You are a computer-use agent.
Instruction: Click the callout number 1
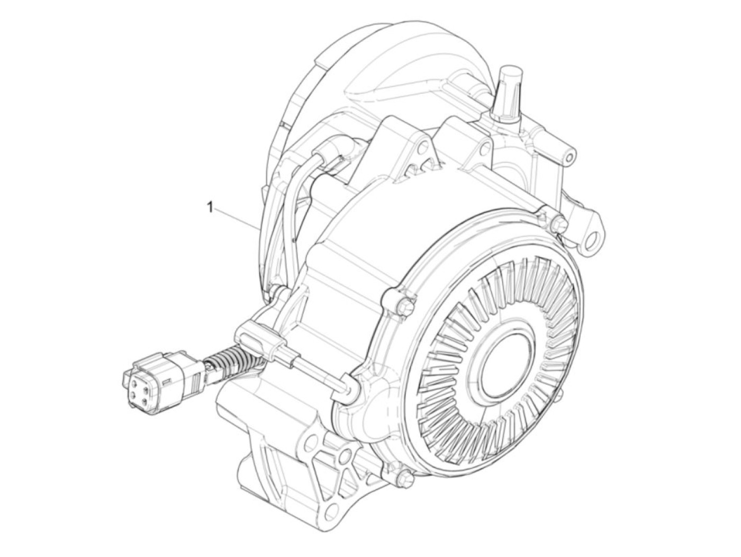click(210, 207)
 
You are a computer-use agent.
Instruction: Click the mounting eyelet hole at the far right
click(592, 242)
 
